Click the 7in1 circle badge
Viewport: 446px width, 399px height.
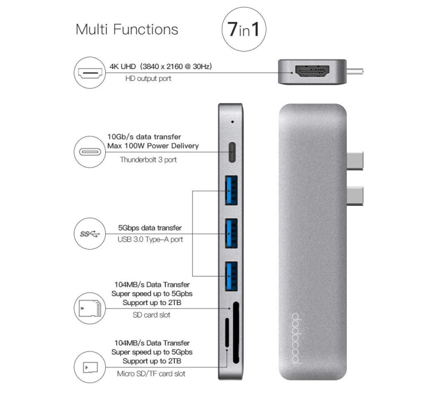point(244,29)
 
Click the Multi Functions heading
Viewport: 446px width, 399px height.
point(127,29)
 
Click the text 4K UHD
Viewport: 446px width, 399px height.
point(123,67)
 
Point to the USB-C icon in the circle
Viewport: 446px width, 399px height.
point(90,152)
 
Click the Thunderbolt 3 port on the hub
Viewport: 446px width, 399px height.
point(232,152)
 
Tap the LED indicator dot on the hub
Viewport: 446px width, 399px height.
point(233,122)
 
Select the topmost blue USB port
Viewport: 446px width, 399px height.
point(231,190)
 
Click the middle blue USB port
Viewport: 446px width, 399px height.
point(231,233)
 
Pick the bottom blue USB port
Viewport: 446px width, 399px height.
point(231,276)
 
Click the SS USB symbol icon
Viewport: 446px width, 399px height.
point(90,234)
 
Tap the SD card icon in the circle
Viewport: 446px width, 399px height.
point(90,308)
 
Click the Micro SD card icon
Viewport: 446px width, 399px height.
point(90,367)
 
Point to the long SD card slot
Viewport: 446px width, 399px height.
point(236,333)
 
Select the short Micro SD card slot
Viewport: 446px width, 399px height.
point(227,332)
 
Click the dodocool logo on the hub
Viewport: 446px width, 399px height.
point(296,338)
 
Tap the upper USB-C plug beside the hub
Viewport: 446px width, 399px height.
point(354,161)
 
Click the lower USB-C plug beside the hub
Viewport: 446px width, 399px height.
point(354,196)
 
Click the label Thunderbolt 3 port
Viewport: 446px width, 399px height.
point(148,160)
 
